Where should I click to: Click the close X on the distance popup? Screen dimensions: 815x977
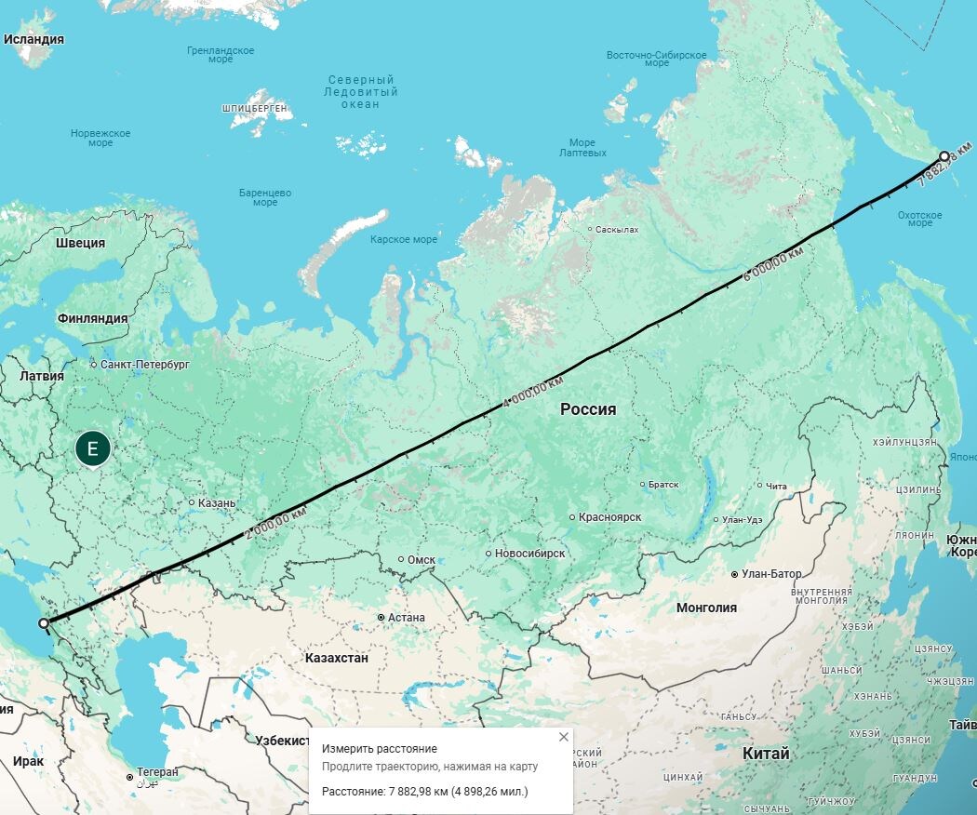(563, 737)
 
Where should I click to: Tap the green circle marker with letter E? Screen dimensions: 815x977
(92, 449)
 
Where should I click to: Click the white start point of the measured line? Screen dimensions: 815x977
(44, 623)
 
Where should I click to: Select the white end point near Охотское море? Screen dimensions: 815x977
(944, 156)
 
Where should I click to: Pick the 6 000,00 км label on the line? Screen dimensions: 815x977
(772, 262)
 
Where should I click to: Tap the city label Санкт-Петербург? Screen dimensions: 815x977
(144, 365)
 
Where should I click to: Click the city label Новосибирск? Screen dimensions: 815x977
(529, 554)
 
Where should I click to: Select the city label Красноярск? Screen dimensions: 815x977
(609, 517)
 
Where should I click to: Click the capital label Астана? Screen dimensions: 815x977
(407, 618)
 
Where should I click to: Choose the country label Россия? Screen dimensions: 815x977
(588, 409)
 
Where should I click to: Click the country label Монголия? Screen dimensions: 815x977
(706, 608)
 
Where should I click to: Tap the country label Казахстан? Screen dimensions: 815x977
(336, 658)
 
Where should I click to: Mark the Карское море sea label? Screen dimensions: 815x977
(403, 240)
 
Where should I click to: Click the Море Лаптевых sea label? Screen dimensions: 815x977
(582, 148)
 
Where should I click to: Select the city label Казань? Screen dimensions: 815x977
(217, 503)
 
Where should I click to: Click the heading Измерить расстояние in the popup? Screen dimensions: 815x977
(379, 749)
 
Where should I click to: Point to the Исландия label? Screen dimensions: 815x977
(33, 40)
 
